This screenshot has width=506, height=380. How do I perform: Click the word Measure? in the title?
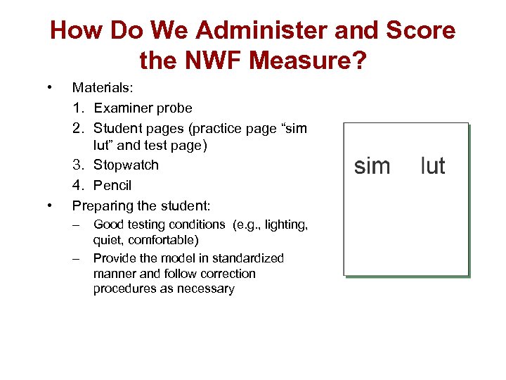coord(307,61)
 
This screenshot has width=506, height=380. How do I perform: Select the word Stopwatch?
coord(126,165)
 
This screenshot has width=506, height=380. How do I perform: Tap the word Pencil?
coord(112,185)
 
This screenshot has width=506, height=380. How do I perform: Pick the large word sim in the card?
coord(372,165)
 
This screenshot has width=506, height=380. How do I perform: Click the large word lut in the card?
coord(432,165)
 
